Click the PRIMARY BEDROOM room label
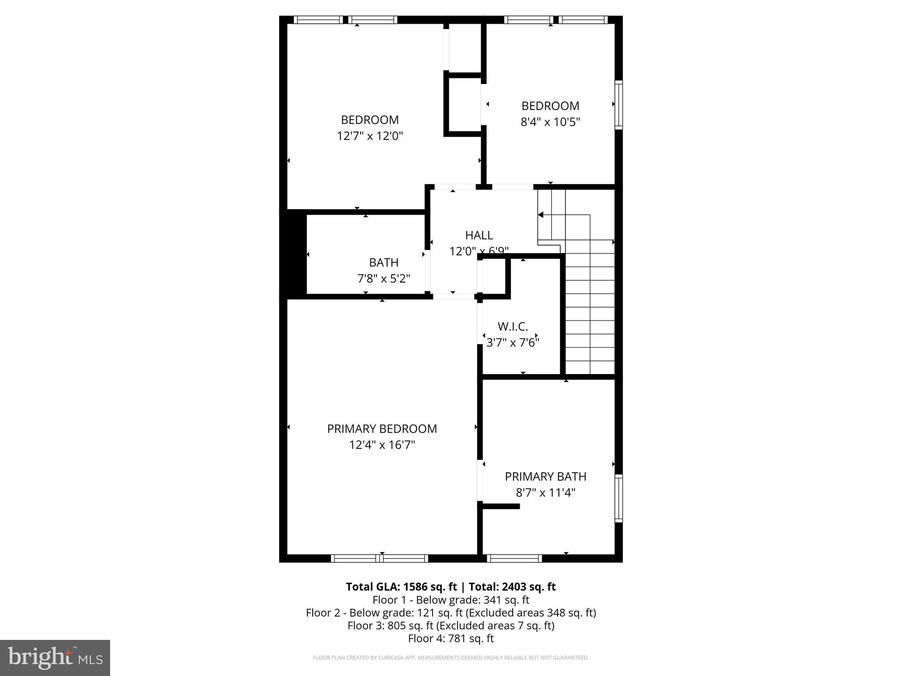click(x=382, y=429)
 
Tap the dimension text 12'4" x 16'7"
click(x=382, y=445)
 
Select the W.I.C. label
click(x=513, y=327)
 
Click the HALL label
click(x=479, y=235)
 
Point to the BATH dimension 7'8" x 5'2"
click(x=384, y=279)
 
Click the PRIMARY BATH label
click(x=545, y=477)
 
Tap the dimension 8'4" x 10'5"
click(x=550, y=122)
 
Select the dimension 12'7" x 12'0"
click(x=370, y=136)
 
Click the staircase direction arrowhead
click(x=540, y=215)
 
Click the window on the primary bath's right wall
click(x=618, y=498)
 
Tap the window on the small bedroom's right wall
click(x=618, y=105)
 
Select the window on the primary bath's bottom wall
click(x=514, y=558)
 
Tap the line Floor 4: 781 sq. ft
click(x=451, y=638)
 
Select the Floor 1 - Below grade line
click(x=451, y=600)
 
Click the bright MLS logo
click(x=55, y=658)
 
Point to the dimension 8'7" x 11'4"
click(x=545, y=492)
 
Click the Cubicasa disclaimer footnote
click(x=451, y=658)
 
